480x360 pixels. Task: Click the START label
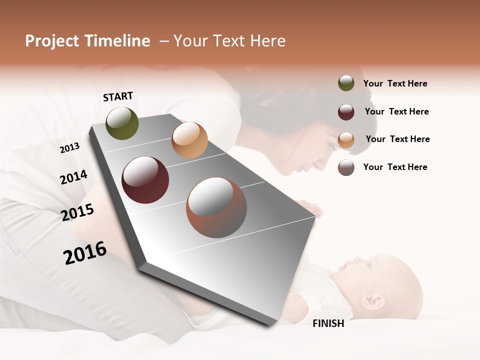coord(118,96)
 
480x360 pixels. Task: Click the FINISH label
coord(328,323)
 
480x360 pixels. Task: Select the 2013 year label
coord(70,147)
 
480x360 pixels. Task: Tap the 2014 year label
coord(73,177)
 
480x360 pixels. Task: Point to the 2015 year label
coord(77,212)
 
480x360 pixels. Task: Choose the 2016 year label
coord(85,253)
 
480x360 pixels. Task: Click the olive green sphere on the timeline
coord(122,123)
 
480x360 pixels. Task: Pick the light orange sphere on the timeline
coord(189,140)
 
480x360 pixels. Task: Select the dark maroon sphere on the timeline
coord(145,180)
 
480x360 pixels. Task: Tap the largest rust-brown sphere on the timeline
coord(216,208)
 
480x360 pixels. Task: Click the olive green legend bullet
coord(346,83)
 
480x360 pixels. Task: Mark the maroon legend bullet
coord(346,112)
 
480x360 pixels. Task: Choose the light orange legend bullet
coord(346,140)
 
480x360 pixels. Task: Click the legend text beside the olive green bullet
coord(395,83)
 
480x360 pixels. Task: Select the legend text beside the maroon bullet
coord(396,111)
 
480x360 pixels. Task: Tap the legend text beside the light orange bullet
coord(397,139)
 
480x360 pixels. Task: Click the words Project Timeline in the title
coord(87,41)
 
